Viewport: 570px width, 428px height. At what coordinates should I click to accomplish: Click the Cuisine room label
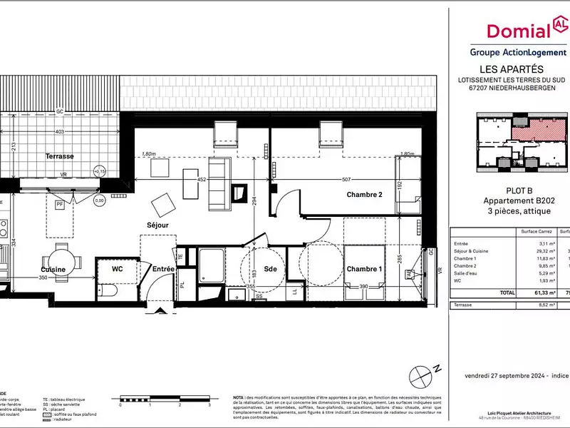(x=54, y=269)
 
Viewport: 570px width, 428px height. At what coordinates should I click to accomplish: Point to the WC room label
(x=118, y=269)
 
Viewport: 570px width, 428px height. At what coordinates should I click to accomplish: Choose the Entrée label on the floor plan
(x=164, y=269)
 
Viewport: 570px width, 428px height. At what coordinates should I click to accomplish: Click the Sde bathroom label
(x=270, y=269)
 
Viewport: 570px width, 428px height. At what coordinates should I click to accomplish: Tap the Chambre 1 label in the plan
(x=365, y=269)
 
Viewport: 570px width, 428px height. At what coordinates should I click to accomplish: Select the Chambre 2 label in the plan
(x=365, y=195)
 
